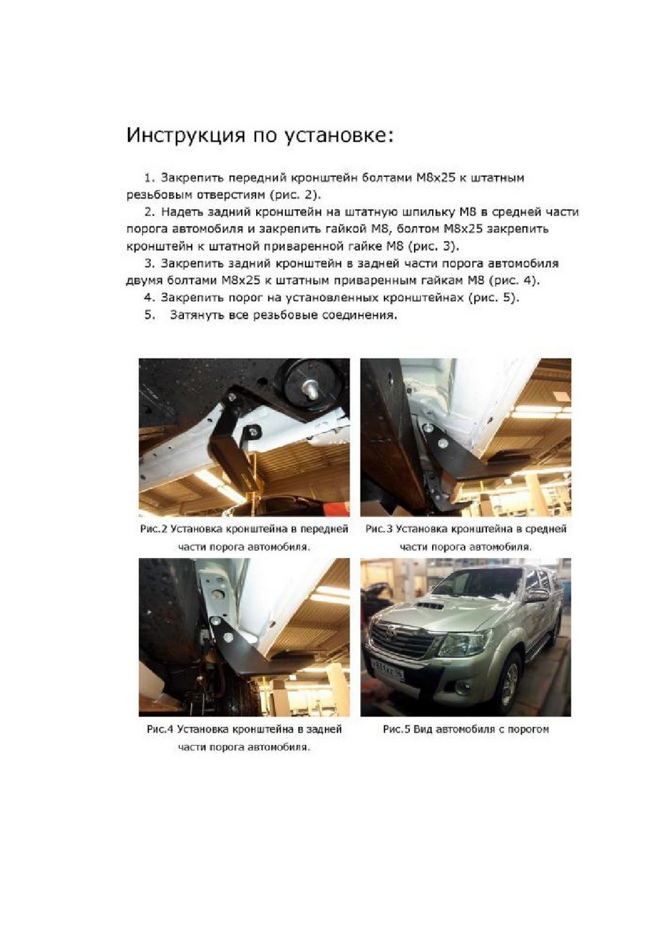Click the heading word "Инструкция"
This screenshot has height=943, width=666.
click(x=180, y=136)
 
